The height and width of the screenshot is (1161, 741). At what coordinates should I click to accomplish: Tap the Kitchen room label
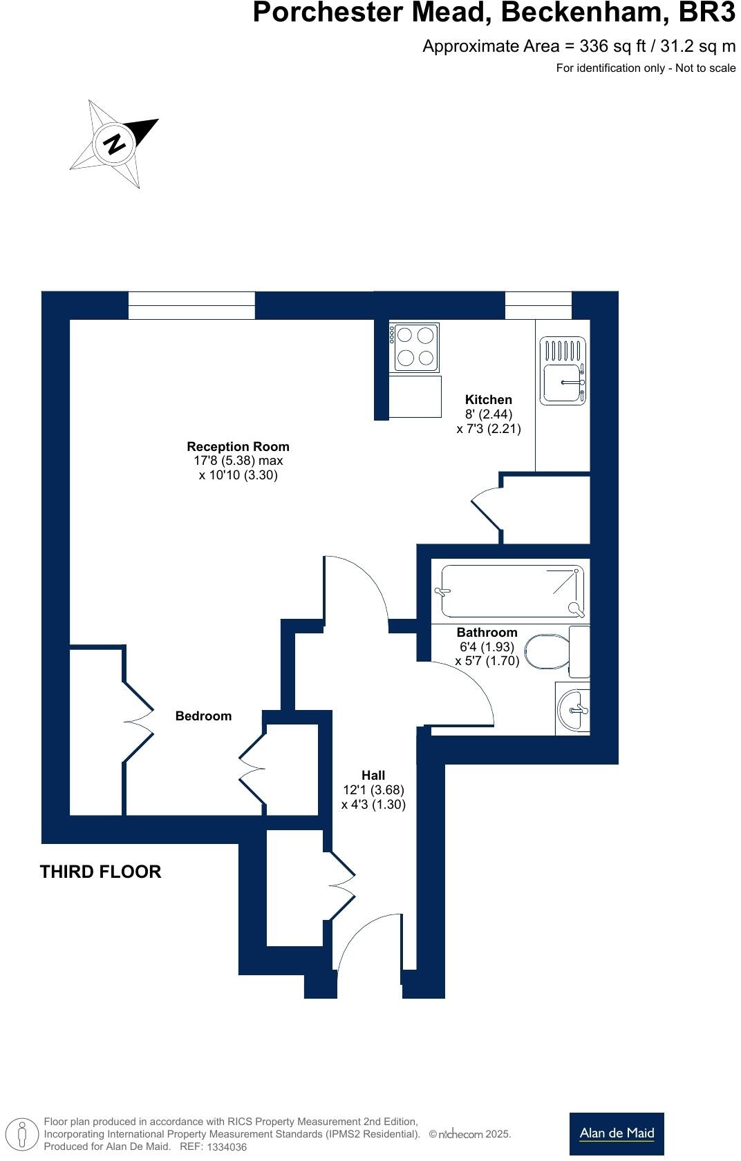pyautogui.click(x=488, y=399)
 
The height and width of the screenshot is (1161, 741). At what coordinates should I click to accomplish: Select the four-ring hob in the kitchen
pyautogui.click(x=415, y=347)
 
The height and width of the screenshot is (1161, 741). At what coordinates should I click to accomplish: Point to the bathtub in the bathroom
pyautogui.click(x=512, y=591)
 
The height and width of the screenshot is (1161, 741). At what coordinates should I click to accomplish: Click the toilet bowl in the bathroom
pyautogui.click(x=546, y=652)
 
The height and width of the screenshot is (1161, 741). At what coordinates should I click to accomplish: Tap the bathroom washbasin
pyautogui.click(x=573, y=709)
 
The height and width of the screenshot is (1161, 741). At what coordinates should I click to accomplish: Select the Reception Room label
pyautogui.click(x=238, y=446)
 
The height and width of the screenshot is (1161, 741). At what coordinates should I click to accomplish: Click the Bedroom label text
pyautogui.click(x=203, y=716)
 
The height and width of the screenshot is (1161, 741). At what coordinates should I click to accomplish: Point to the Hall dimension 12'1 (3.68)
pyautogui.click(x=373, y=789)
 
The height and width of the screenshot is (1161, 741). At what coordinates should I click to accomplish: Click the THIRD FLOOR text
pyautogui.click(x=101, y=872)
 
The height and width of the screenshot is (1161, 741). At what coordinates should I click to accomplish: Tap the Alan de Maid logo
pyautogui.click(x=616, y=1133)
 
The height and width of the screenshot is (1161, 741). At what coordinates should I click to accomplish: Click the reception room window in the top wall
pyautogui.click(x=191, y=305)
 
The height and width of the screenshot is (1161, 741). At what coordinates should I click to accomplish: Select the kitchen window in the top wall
pyautogui.click(x=538, y=305)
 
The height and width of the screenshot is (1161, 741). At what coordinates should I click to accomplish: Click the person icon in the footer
pyautogui.click(x=23, y=1134)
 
